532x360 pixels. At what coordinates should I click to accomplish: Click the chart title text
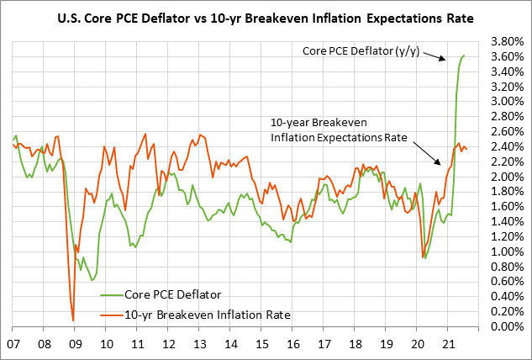tap(266, 17)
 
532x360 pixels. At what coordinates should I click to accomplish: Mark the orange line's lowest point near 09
tap(73, 320)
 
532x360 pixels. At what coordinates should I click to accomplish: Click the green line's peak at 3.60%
tap(465, 56)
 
